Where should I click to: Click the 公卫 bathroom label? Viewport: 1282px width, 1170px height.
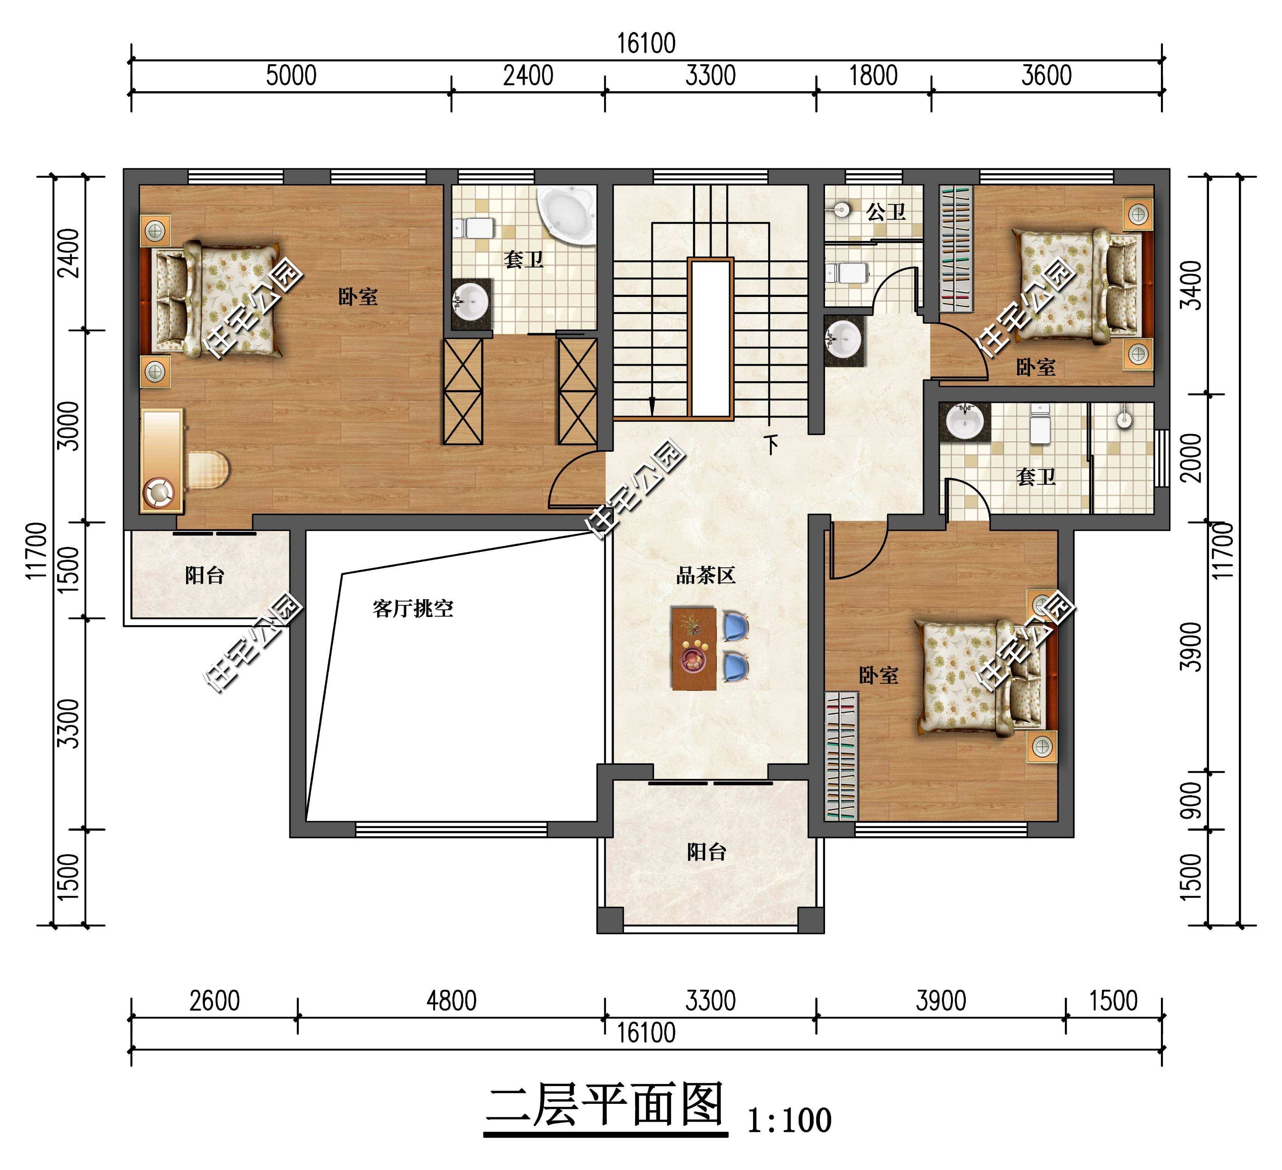coord(886,212)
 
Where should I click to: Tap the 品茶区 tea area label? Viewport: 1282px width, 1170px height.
coord(706,575)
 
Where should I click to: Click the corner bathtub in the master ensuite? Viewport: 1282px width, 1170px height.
coord(567,214)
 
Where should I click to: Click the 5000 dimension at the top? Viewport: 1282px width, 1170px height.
coord(291,76)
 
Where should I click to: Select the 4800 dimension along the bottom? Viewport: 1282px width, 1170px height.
coord(452,1001)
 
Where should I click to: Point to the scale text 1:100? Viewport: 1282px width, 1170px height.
coord(789,1120)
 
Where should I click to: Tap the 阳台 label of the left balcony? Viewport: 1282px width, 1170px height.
coord(205,575)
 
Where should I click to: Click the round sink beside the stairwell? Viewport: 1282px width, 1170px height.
coord(844,340)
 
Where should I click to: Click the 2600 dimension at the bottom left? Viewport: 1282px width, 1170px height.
coord(215,1001)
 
